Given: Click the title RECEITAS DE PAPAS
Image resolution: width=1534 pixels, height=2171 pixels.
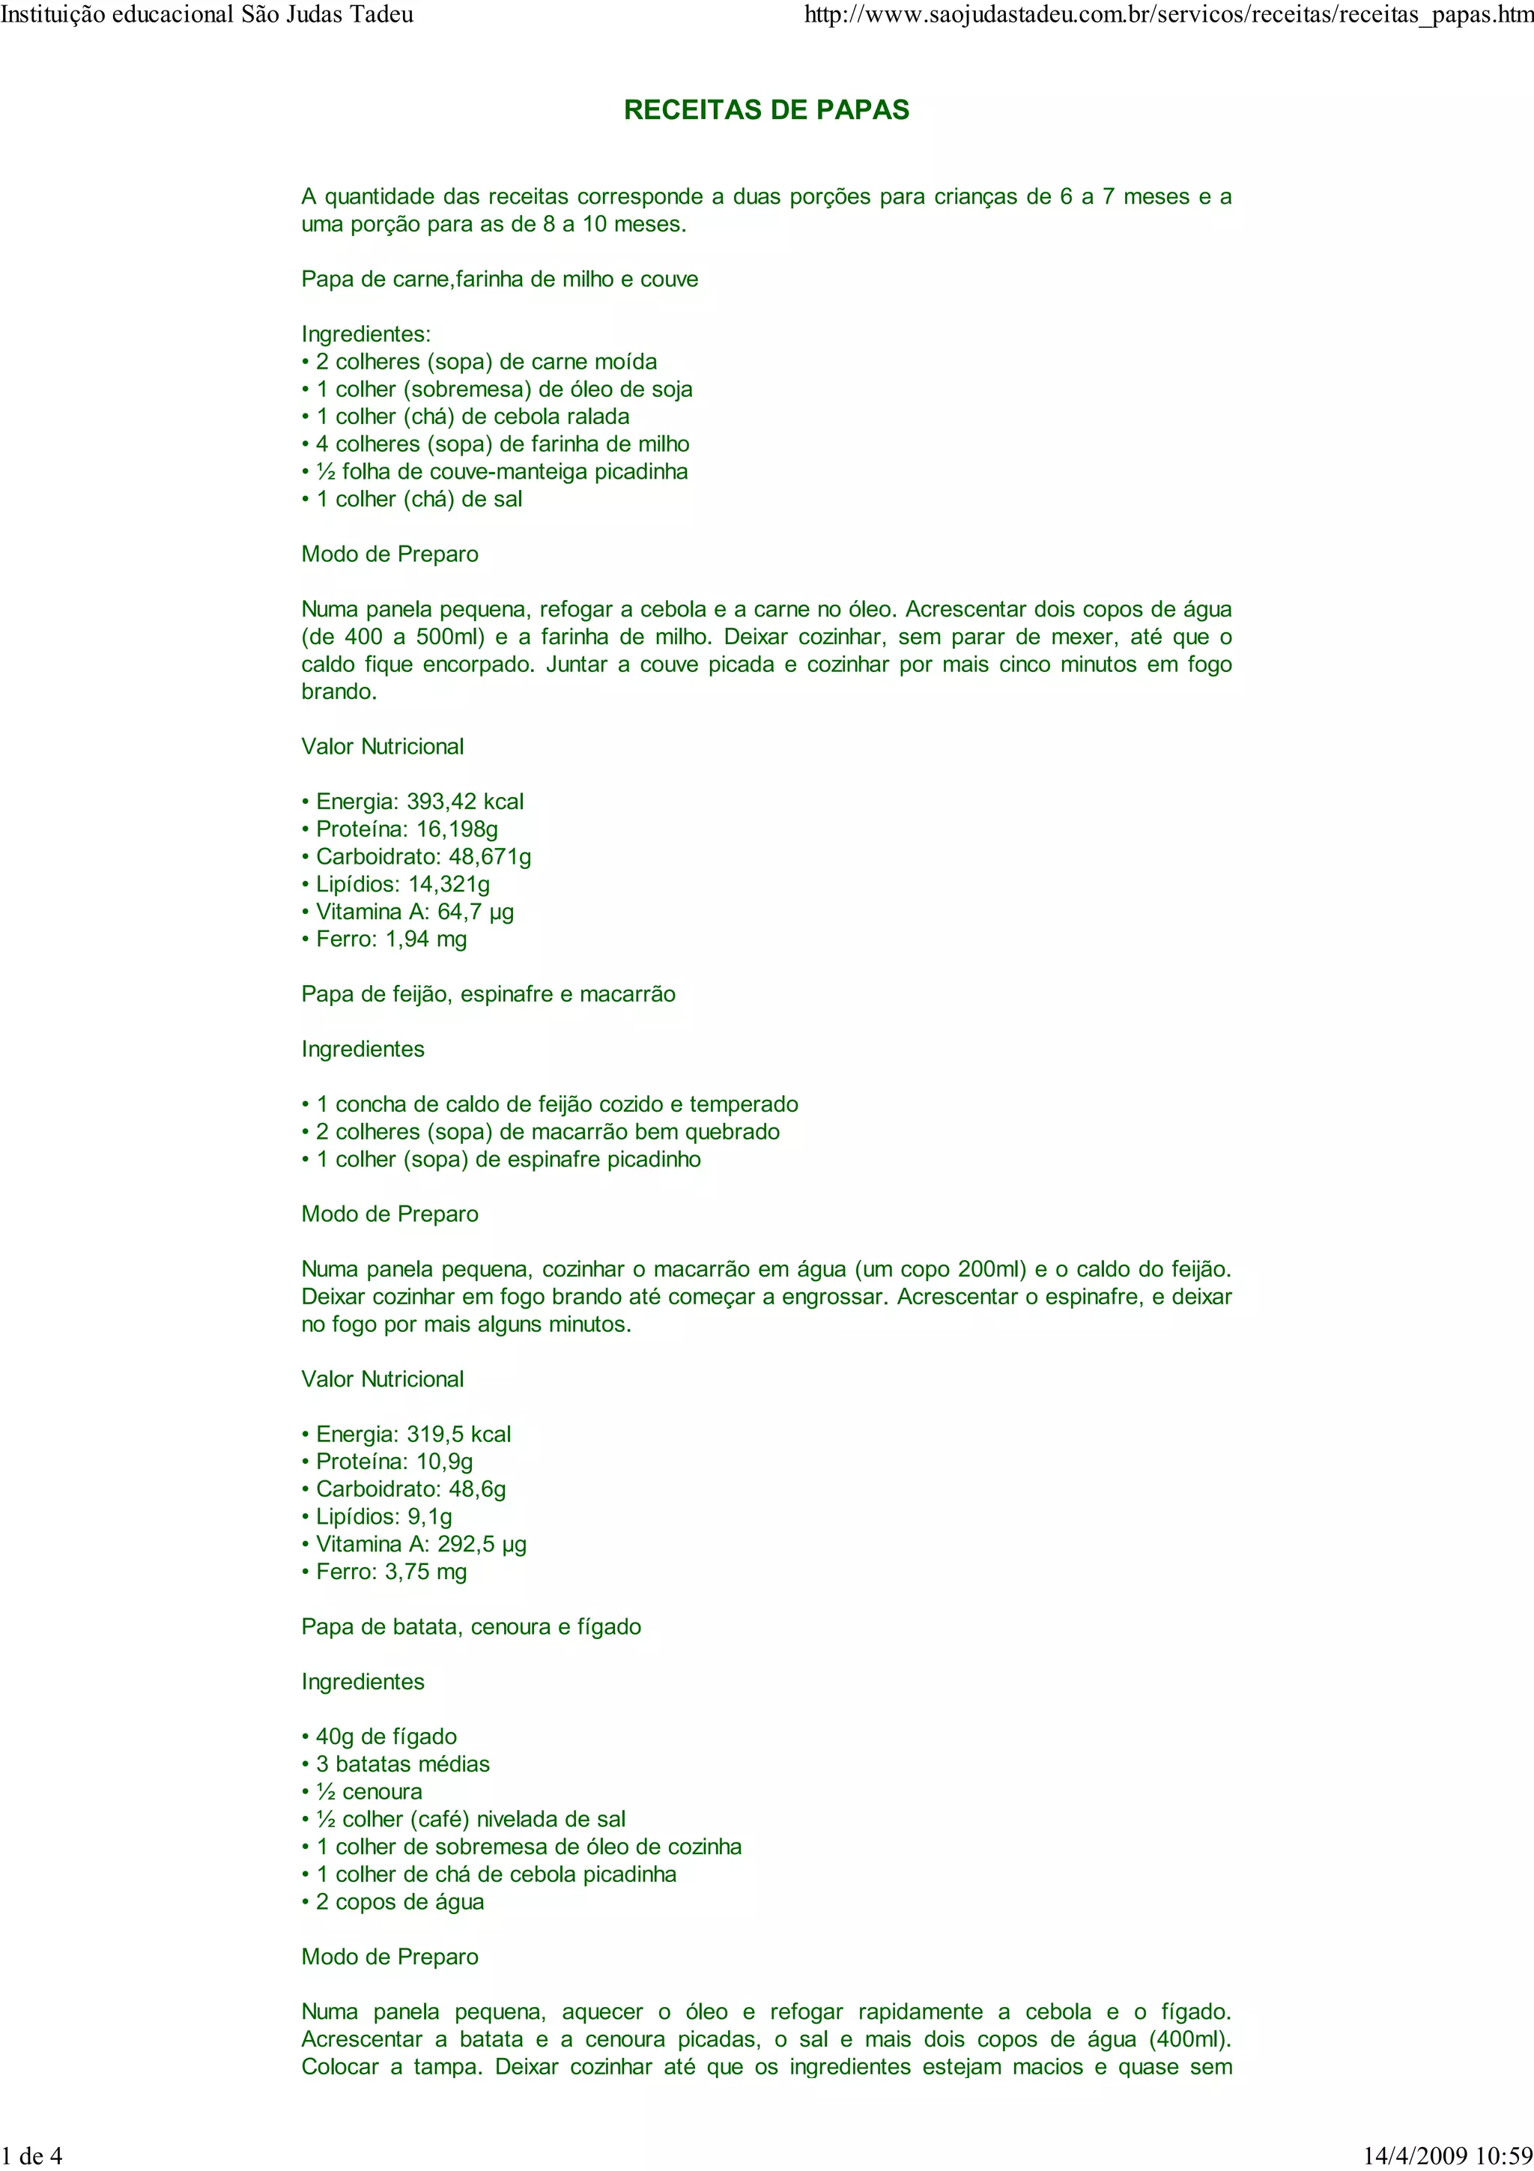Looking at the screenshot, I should (x=766, y=111).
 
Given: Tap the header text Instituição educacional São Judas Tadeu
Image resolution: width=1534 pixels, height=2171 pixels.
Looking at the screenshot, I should (x=207, y=14).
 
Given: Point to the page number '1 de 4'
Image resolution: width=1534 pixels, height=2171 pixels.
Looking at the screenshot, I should (x=32, y=2155).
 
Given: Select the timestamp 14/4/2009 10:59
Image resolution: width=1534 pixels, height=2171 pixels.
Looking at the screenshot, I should (x=1448, y=2155).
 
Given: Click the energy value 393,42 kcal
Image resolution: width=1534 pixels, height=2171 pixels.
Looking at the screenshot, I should (x=464, y=802).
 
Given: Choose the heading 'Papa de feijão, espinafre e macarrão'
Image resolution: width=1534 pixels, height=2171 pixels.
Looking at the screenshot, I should (x=488, y=994).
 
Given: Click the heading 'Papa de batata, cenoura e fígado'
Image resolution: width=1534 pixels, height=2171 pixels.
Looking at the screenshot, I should (x=470, y=1626).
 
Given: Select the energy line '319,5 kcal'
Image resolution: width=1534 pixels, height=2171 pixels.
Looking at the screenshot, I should (x=458, y=1435).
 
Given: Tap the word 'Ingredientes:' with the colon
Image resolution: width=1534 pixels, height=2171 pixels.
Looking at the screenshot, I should (x=366, y=334).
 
